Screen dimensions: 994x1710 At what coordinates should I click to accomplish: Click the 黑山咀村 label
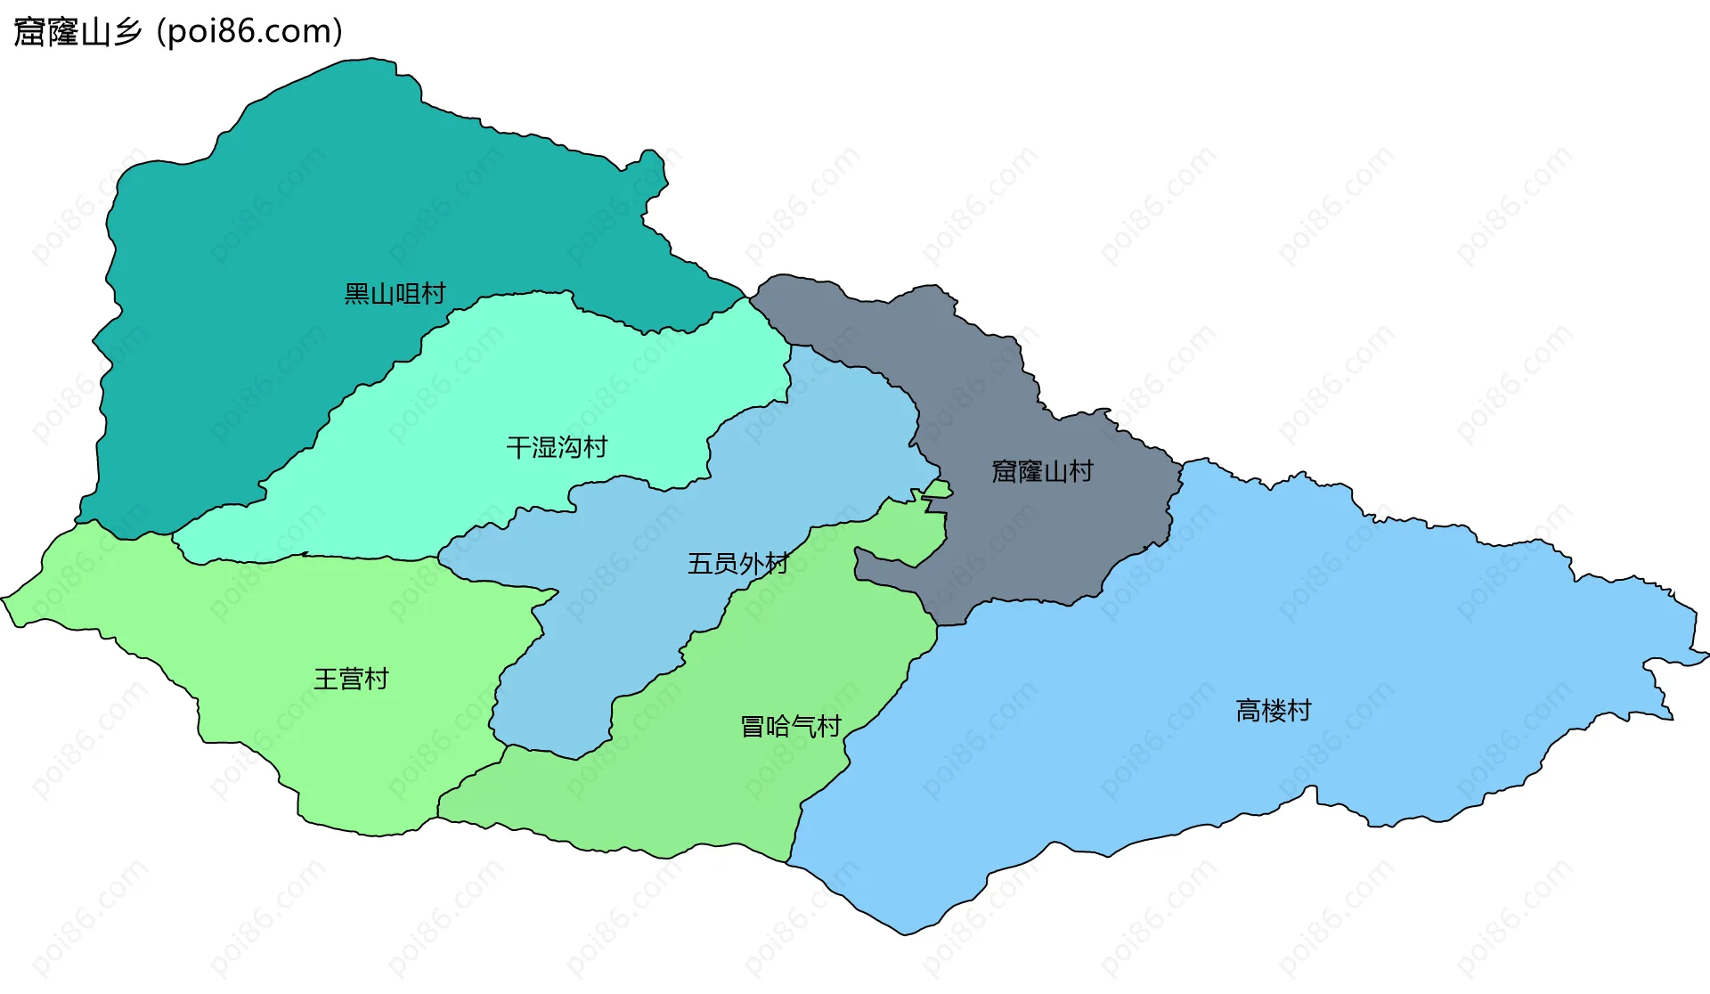click(395, 294)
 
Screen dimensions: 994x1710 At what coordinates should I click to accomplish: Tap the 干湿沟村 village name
click(557, 447)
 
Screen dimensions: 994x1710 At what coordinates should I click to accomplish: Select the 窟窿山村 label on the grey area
click(1042, 471)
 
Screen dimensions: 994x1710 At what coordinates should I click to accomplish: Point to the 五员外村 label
click(737, 564)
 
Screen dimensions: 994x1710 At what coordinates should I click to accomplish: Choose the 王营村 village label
click(351, 680)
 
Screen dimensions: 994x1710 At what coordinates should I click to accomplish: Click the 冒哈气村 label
click(791, 727)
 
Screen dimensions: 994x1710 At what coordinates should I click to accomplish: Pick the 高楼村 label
click(1274, 711)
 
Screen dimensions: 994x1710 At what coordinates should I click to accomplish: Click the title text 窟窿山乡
click(77, 32)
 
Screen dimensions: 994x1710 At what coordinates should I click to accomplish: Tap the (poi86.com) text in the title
click(249, 32)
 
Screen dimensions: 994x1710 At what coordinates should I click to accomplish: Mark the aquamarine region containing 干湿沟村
click(534, 374)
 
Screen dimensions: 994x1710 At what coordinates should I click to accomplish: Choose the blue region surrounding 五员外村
click(623, 623)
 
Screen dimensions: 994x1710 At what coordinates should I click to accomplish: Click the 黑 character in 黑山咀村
click(357, 294)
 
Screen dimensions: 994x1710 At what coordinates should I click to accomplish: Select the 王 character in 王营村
click(326, 680)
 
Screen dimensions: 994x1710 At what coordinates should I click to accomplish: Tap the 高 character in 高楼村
click(1249, 711)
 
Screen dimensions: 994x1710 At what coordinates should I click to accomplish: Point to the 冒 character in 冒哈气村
click(753, 727)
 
